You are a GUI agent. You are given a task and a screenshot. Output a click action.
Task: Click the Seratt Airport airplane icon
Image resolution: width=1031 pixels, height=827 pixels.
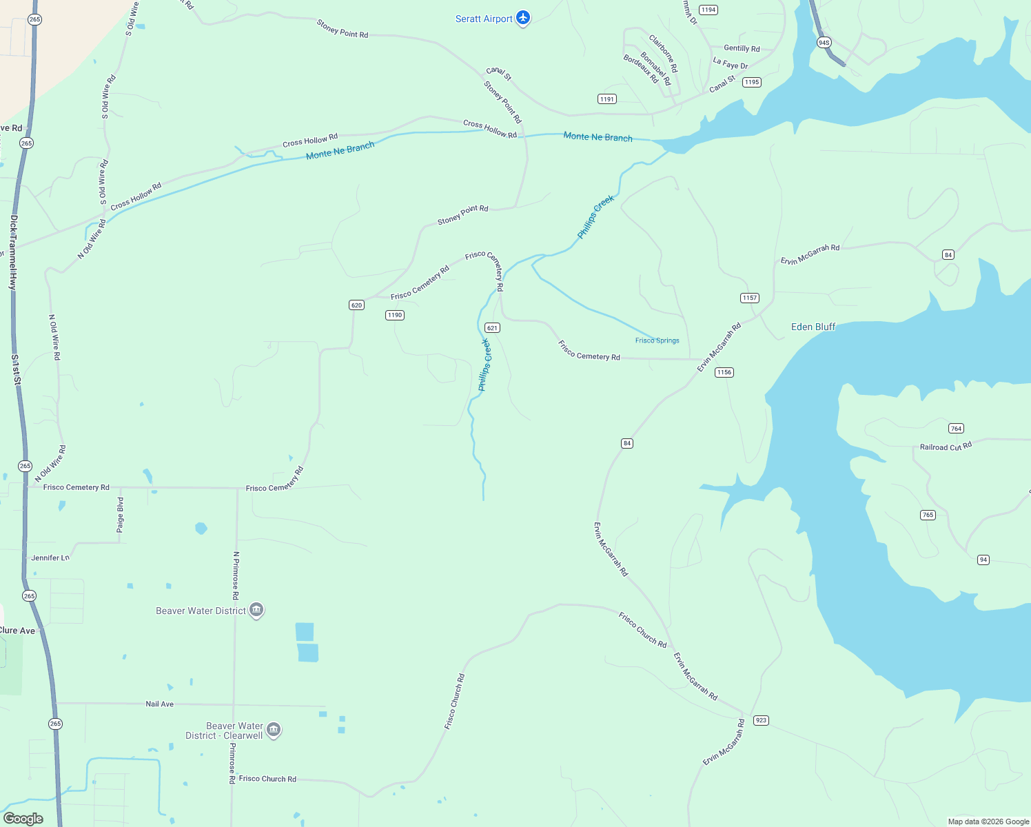coord(523,18)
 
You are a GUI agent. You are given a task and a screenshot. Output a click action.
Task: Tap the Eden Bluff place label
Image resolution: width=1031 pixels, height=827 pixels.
coord(813,327)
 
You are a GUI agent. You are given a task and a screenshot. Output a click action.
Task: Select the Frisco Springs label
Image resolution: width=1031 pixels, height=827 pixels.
coord(657,340)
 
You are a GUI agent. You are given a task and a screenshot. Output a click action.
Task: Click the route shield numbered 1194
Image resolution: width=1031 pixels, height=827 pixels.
coord(708,10)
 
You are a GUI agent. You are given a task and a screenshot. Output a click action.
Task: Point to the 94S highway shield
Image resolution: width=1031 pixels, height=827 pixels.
coord(824,43)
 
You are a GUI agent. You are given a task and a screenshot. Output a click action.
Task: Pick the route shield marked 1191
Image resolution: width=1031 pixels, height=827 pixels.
coord(607,99)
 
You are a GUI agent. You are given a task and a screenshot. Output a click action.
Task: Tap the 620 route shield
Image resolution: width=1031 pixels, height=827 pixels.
coord(356,305)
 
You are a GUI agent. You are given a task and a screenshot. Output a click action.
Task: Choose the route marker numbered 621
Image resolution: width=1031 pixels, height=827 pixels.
coord(492,328)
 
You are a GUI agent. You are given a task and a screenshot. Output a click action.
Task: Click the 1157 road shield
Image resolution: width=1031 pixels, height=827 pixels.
coord(749,298)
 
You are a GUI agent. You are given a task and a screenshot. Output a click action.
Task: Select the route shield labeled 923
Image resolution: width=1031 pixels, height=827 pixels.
coord(761,720)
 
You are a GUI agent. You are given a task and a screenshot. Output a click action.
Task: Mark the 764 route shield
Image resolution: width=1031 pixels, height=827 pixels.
coord(956,429)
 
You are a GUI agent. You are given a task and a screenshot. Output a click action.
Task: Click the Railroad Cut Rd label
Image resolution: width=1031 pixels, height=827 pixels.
coord(946,447)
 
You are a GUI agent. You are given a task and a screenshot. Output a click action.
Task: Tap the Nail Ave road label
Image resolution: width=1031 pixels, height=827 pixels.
coord(159,704)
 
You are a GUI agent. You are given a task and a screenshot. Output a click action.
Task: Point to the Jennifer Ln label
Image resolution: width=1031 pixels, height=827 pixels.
coord(50,558)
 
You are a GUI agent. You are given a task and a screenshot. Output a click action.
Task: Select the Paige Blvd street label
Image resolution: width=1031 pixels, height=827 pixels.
coord(121,515)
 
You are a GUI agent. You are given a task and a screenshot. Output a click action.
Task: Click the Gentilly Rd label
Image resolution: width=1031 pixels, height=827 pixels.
coord(742,48)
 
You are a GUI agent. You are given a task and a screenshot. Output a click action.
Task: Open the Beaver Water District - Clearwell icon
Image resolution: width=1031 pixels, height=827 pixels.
coord(274,730)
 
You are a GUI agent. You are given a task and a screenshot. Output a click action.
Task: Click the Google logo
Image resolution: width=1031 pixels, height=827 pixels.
coord(23,818)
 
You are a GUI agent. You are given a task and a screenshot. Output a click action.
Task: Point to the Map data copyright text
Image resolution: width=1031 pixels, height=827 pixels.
coord(988,821)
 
